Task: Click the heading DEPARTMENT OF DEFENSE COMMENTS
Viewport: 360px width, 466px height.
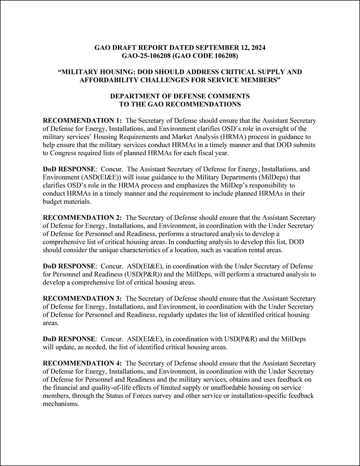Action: click(x=180, y=96)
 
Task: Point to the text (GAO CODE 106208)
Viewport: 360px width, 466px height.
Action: click(x=214, y=56)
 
